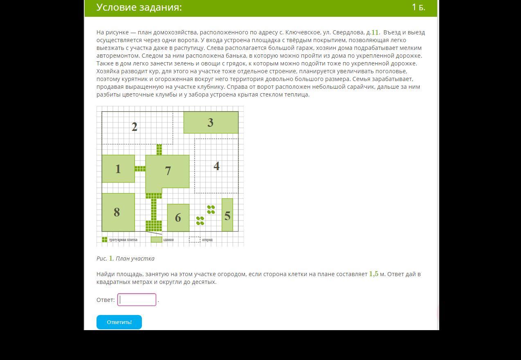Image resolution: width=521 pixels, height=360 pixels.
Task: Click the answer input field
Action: (137, 299)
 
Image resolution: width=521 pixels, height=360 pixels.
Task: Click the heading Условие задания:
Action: (139, 7)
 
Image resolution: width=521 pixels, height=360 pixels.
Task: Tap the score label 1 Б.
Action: (418, 7)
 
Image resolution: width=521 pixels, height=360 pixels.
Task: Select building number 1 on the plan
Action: (118, 169)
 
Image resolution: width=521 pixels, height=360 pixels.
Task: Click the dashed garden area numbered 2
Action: (135, 127)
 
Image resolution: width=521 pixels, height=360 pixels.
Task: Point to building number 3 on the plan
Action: (211, 122)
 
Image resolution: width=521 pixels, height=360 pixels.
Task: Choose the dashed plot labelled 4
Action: (216, 166)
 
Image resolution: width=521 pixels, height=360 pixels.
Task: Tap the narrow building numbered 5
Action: (227, 215)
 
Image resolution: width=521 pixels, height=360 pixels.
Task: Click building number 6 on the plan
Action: (178, 217)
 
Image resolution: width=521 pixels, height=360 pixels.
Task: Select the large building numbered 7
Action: (168, 171)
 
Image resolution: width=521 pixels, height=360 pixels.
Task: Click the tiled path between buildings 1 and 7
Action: (140, 169)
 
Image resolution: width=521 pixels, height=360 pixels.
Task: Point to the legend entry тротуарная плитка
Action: (123, 240)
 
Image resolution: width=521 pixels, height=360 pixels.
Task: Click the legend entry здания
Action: (168, 240)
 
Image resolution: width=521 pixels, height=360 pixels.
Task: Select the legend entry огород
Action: (207, 240)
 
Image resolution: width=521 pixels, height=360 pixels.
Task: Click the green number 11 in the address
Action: (375, 32)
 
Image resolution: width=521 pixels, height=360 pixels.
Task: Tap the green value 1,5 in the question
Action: (374, 274)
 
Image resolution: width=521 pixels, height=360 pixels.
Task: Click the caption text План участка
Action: (135, 259)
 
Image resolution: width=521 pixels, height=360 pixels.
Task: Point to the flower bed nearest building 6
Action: (200, 221)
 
